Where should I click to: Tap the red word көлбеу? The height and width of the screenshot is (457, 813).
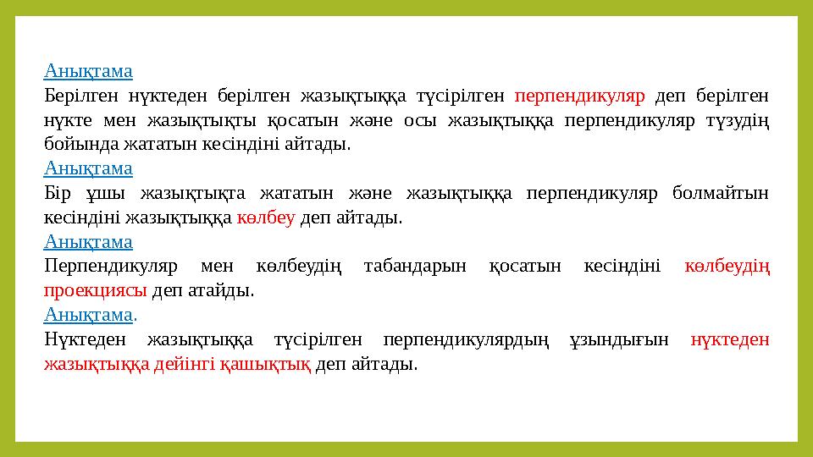coord(265,217)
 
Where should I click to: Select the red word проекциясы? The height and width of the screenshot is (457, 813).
coord(96,291)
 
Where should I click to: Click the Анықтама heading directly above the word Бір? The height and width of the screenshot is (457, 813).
coord(89,168)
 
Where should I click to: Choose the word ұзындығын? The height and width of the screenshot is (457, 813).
coord(628,340)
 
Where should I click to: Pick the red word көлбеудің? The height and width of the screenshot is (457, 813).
coord(727,267)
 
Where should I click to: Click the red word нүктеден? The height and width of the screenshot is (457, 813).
coord(729,340)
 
